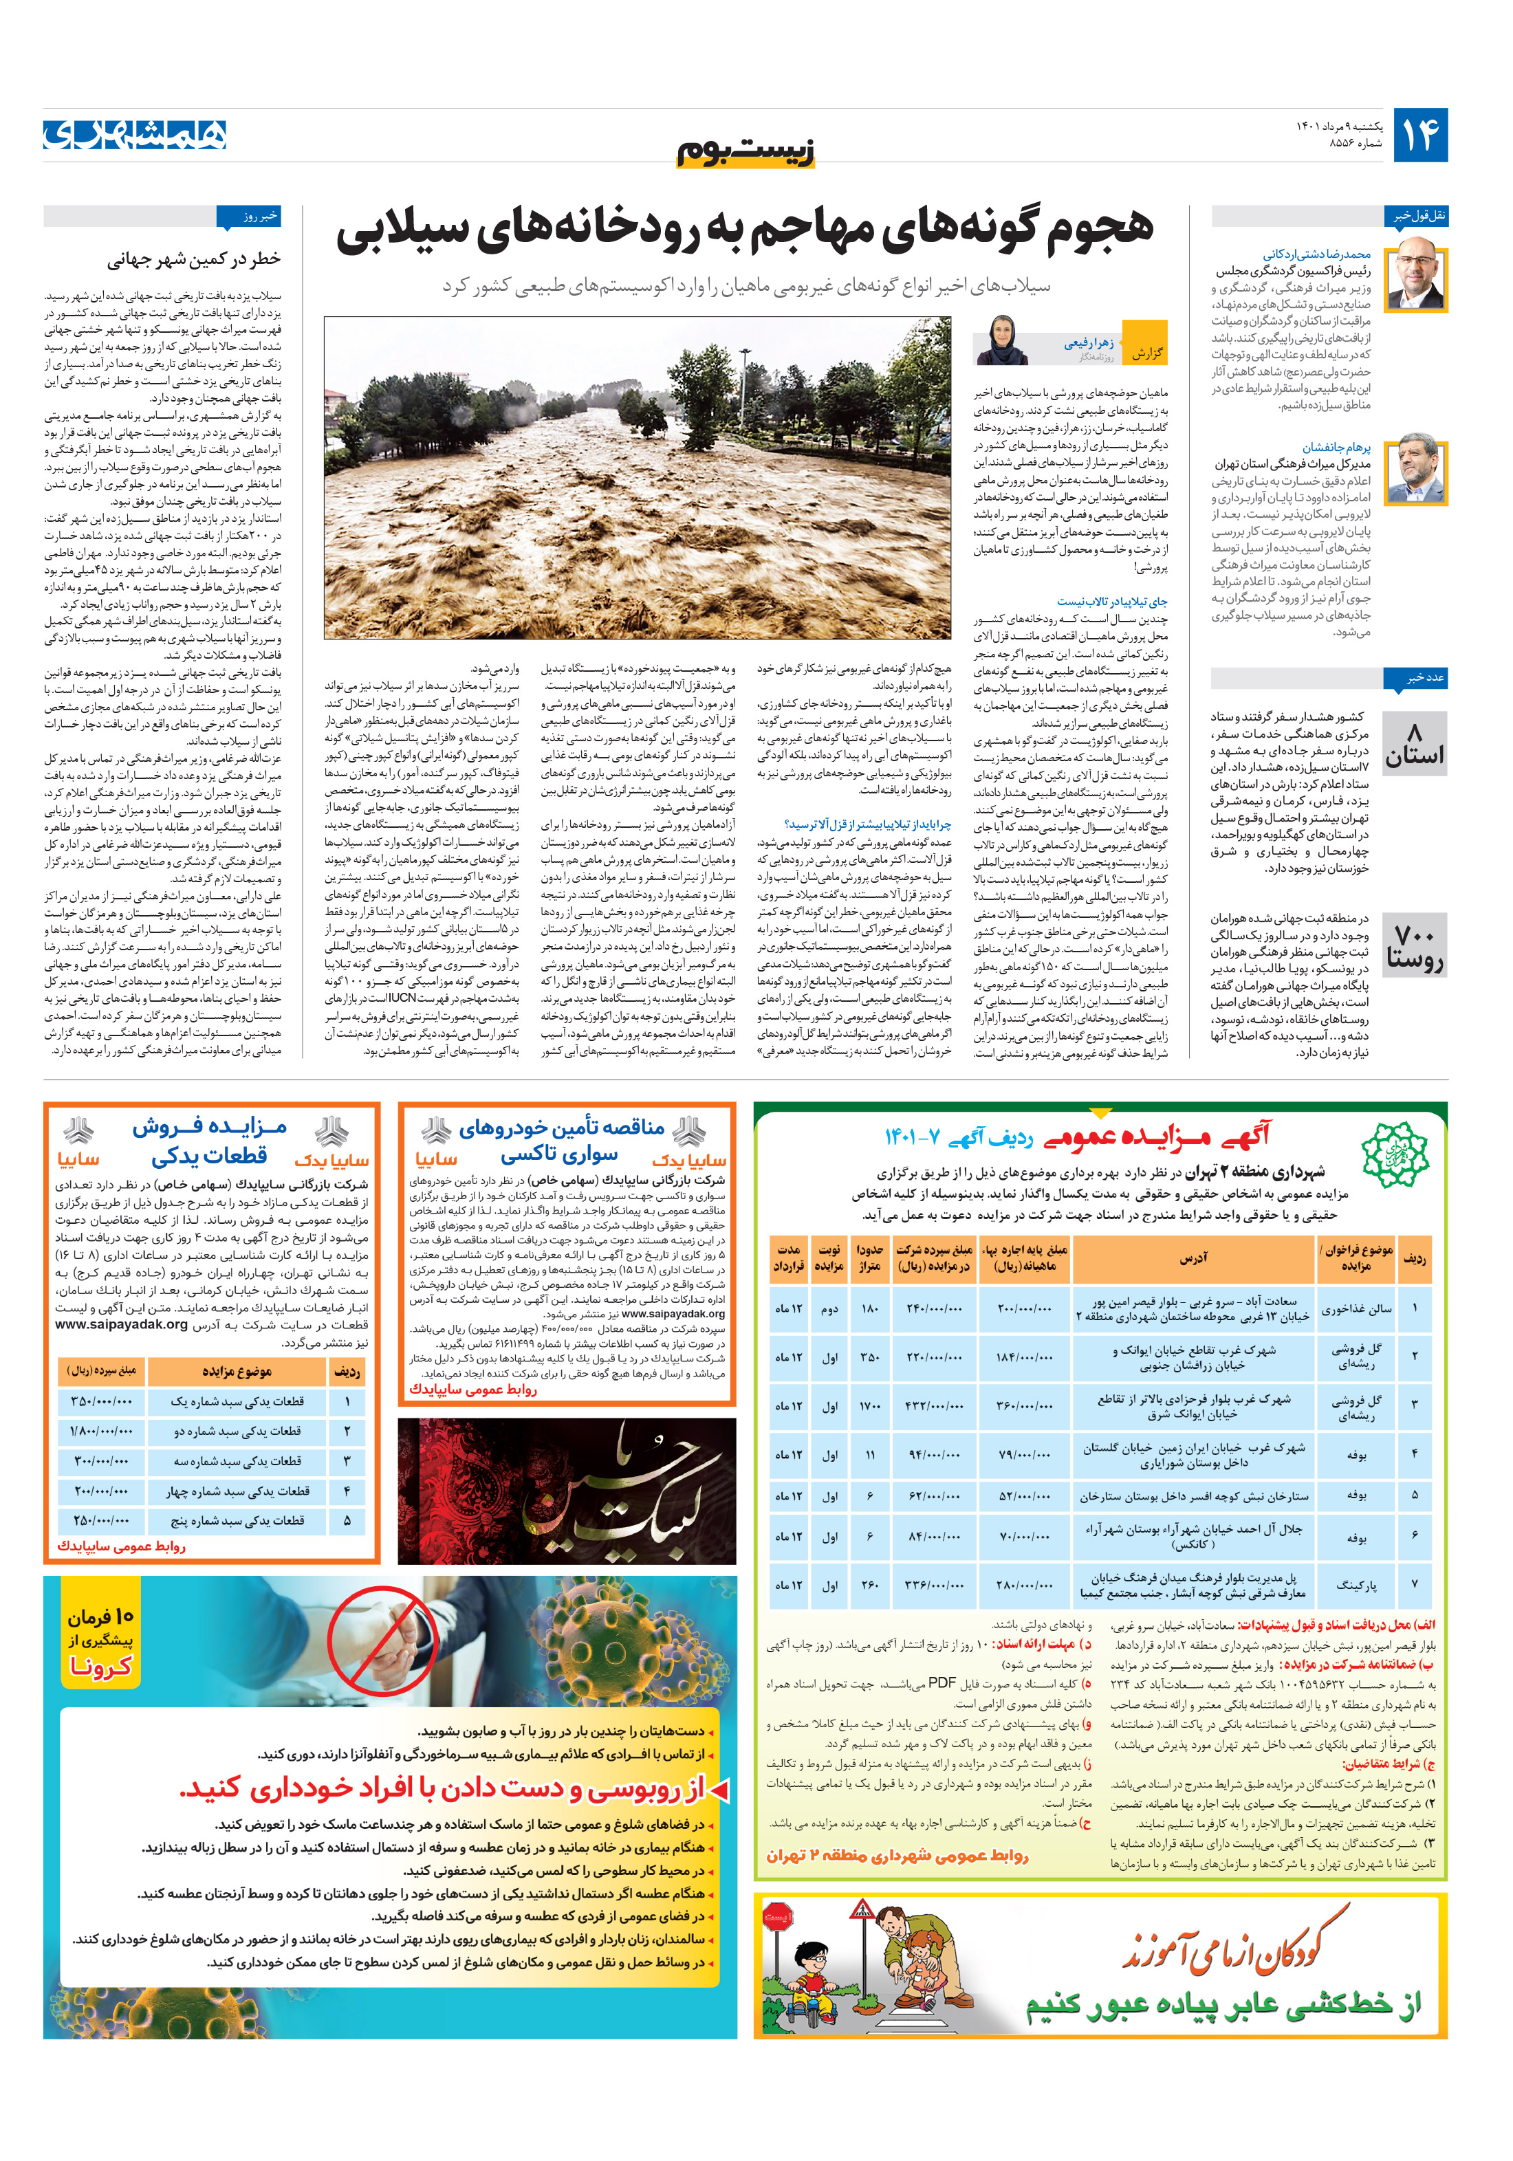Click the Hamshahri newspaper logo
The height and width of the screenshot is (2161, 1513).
[x=135, y=135]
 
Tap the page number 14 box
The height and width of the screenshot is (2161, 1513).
[x=1419, y=135]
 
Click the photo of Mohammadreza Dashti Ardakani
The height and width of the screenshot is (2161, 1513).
[x=1417, y=274]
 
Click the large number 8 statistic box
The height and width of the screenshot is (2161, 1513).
[x=1414, y=743]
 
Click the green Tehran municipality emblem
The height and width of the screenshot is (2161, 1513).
[x=1395, y=1154]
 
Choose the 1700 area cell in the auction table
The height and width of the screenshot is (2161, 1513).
[x=869, y=1406]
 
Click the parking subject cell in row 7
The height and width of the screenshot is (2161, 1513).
[x=1356, y=1585]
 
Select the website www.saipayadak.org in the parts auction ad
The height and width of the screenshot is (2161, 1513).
[x=122, y=1324]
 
